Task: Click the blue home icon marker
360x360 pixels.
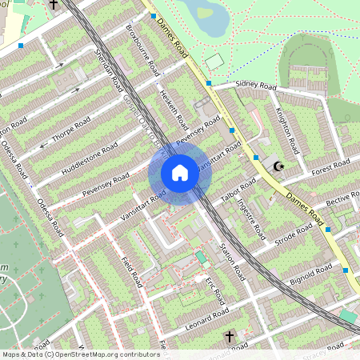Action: [x=180, y=173]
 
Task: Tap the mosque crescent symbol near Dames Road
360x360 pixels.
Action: [x=279, y=166]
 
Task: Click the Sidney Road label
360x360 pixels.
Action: [x=256, y=86]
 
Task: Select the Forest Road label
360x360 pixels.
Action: [x=332, y=169]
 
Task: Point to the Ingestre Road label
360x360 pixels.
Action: [x=254, y=218]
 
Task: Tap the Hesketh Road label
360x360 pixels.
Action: [x=173, y=109]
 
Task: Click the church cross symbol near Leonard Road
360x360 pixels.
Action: [x=229, y=337]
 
